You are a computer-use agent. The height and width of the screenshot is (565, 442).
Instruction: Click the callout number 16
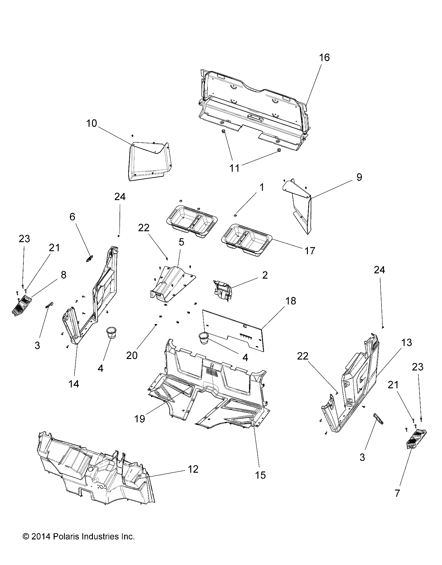coord(324,58)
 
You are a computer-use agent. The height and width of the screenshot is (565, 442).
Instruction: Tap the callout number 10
coord(91,124)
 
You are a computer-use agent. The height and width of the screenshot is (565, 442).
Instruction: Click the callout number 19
coord(140,419)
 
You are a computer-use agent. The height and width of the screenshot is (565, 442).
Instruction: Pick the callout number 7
coord(397,493)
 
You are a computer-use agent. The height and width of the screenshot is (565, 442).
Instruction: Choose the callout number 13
coord(407,343)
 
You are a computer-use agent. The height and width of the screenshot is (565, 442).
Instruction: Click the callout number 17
coord(310,251)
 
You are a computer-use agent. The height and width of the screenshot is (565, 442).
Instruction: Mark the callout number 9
coord(359,177)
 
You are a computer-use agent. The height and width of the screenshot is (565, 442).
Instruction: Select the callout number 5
coord(181,242)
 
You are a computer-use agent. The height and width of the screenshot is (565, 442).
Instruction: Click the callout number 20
coord(132,356)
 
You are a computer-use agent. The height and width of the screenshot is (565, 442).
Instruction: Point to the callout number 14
coord(74,384)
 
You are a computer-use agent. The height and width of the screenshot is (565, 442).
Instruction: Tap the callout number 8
coord(63,275)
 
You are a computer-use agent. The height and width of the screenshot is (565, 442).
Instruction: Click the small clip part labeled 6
coord(89,258)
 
